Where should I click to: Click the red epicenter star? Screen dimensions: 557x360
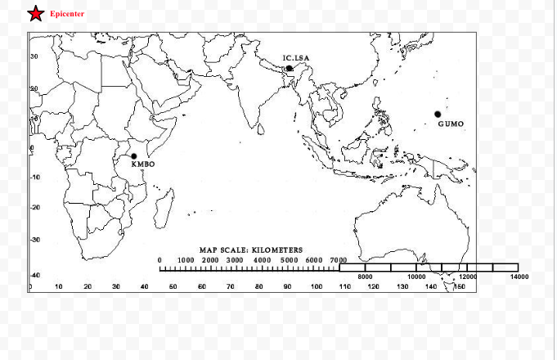click(36, 14)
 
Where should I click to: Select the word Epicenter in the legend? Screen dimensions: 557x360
click(67, 14)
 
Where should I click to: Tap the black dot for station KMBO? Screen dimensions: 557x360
click(134, 155)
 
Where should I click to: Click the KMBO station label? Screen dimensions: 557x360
click(142, 164)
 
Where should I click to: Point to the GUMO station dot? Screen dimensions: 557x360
click(438, 114)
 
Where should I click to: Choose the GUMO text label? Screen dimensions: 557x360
click(451, 124)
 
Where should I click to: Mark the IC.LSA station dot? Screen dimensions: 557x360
click(289, 69)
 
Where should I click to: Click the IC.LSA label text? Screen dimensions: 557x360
click(297, 58)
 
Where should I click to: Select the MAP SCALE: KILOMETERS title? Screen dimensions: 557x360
click(250, 250)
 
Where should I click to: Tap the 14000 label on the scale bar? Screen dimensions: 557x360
click(519, 277)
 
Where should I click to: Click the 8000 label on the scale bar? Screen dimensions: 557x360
click(366, 277)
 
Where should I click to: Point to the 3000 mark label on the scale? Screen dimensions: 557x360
click(235, 259)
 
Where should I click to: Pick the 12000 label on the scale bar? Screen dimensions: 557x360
click(468, 277)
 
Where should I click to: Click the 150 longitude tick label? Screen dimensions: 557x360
click(460, 287)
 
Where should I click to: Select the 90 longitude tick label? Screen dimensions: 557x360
click(288, 287)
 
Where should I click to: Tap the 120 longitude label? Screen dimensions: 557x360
click(374, 287)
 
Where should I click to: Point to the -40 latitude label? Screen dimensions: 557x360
click(35, 275)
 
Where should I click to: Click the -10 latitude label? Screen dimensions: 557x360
click(35, 177)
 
